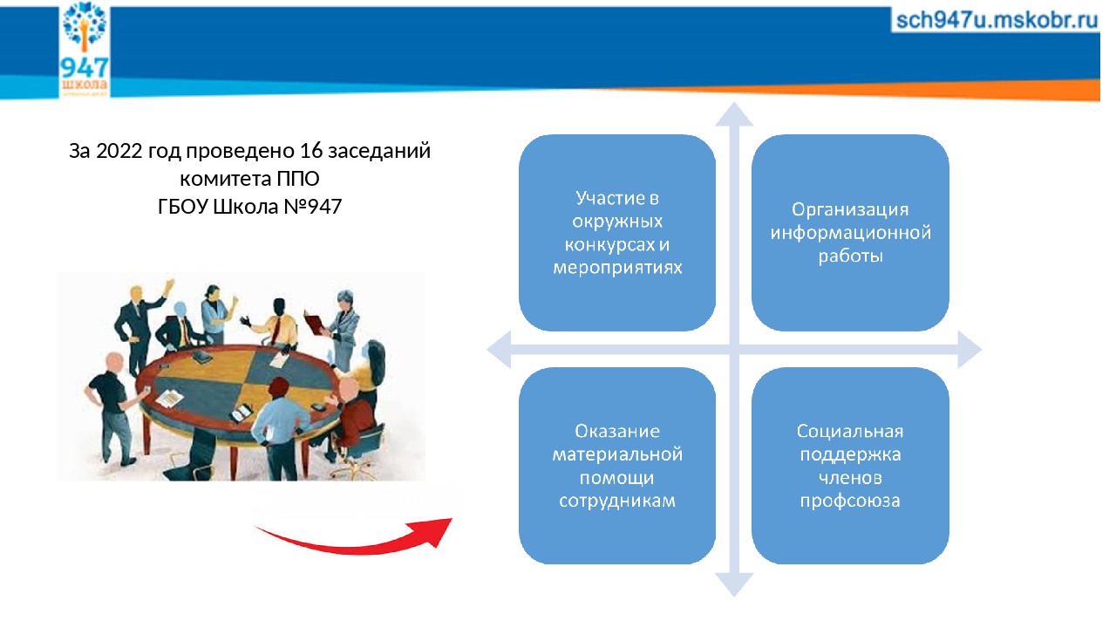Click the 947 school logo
click(x=85, y=49)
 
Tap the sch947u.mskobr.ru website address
click(x=997, y=20)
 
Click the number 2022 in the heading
click(x=119, y=151)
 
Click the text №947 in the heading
click(x=312, y=207)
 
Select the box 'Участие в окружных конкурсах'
click(x=617, y=233)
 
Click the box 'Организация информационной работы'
click(x=850, y=233)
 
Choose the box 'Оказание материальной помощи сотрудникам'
click(x=617, y=466)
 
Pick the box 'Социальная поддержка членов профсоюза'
click(x=850, y=466)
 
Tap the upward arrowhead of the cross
click(x=734, y=114)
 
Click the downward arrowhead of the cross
click(x=734, y=584)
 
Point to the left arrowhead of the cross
click(x=499, y=350)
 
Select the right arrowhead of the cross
click(x=970, y=350)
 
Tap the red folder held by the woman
click(x=315, y=324)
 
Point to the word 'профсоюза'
click(x=850, y=501)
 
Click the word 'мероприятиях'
click(x=617, y=268)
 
